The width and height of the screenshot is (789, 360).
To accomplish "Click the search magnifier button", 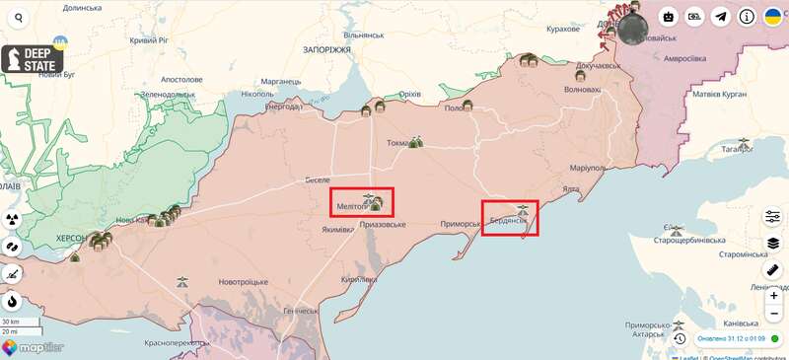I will (x=18, y=18).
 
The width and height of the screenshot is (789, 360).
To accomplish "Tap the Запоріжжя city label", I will (x=325, y=49).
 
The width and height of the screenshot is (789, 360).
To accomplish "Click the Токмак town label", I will (x=399, y=143).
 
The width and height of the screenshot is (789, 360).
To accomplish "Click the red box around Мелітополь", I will (x=362, y=202).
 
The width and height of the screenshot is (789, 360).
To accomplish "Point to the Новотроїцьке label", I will (x=244, y=282).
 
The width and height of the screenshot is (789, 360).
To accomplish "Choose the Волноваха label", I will (x=581, y=90).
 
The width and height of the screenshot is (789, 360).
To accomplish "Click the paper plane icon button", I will (x=721, y=17).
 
